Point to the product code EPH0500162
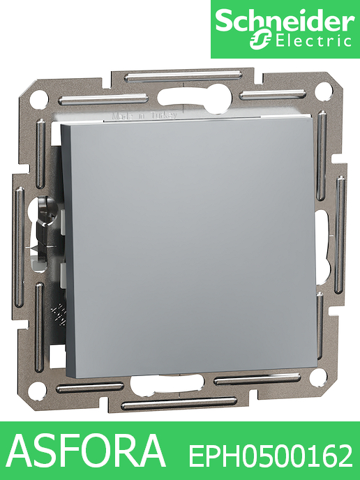coord(271,457)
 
